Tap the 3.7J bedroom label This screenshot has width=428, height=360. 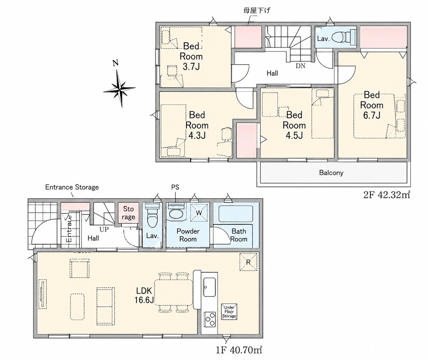191,56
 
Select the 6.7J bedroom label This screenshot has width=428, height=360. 372,105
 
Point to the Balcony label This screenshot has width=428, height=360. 331,173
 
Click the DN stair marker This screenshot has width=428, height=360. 301,66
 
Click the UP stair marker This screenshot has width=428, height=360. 104,230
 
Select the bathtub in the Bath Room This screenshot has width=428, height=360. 236,214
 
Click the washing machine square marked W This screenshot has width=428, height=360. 199,213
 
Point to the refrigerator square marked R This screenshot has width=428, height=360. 248,262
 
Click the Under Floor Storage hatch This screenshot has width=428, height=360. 229,312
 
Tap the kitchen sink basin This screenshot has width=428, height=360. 209,287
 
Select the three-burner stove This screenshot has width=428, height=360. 210,322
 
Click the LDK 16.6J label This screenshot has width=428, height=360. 144,295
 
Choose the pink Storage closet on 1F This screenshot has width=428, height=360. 128,213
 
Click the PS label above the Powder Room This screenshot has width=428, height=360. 175,187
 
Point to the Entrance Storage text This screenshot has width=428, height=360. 72,187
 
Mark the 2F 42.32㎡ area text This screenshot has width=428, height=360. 387,195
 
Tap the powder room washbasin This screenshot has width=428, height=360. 176,214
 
